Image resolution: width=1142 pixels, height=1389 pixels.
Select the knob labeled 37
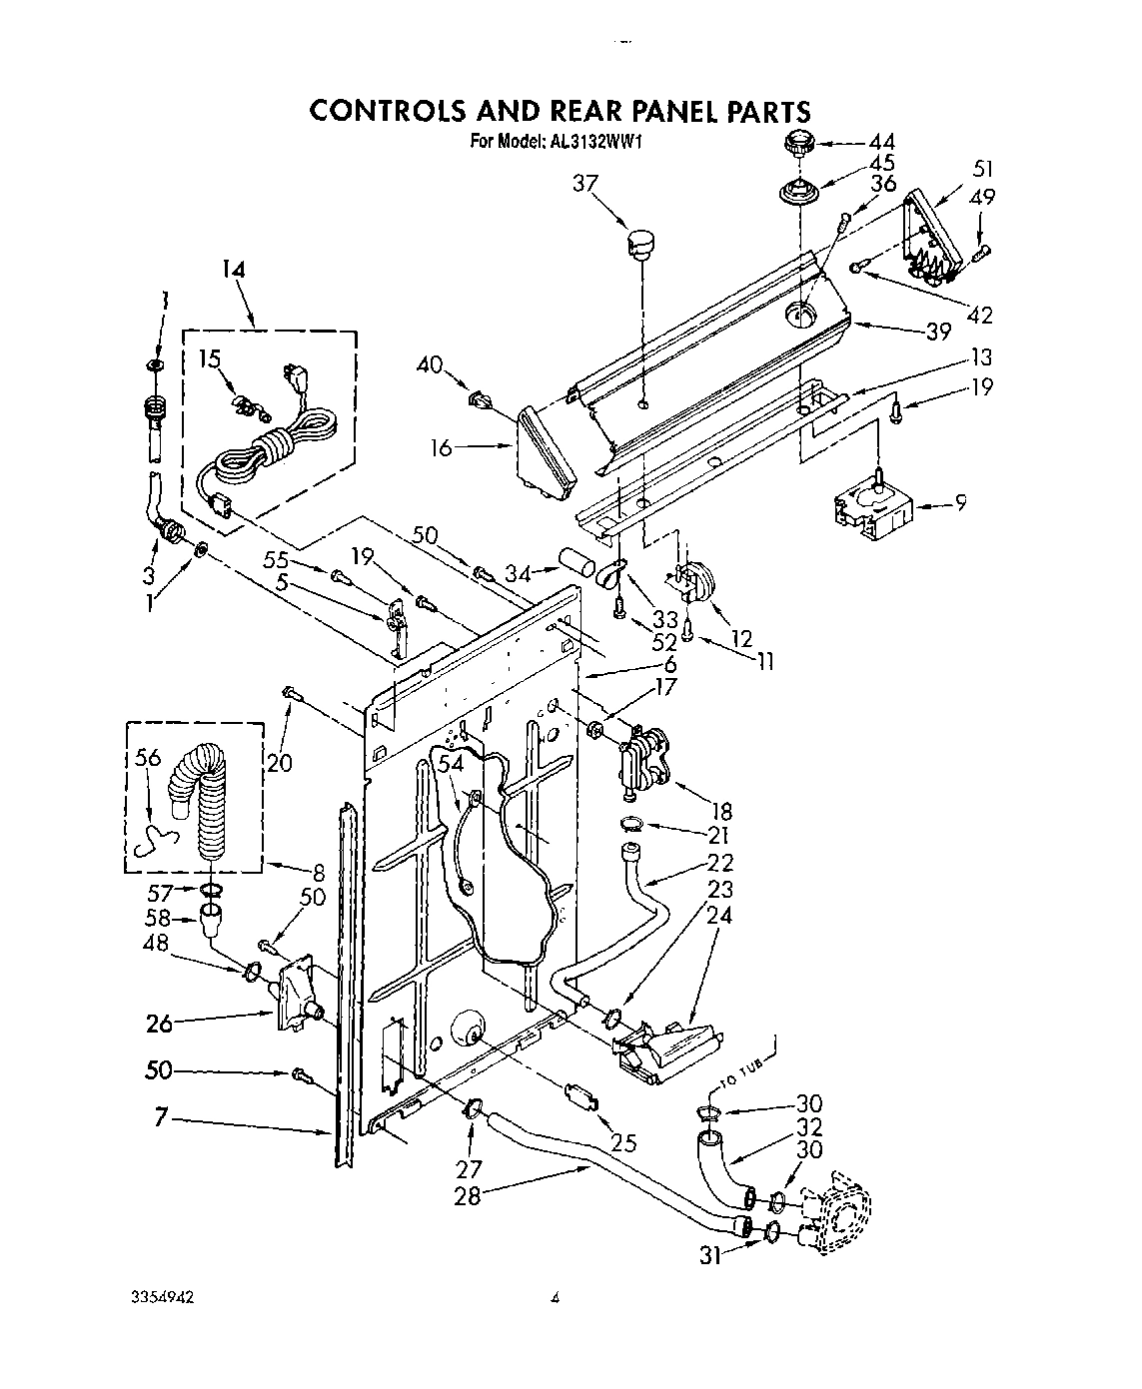(x=637, y=241)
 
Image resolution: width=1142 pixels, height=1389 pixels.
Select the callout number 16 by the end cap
(x=441, y=448)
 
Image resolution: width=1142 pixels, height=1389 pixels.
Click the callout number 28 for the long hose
(x=467, y=1195)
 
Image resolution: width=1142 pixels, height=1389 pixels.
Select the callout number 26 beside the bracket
(x=159, y=1023)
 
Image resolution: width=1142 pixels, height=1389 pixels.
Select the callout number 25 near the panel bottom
(x=624, y=1143)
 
